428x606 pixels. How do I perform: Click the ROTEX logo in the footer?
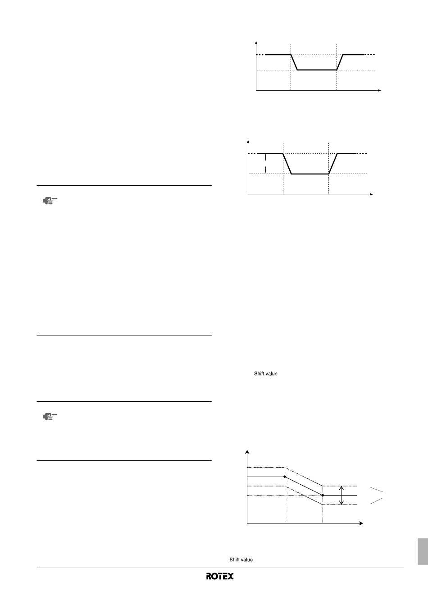click(x=220, y=576)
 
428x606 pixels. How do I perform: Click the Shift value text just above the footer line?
click(x=241, y=560)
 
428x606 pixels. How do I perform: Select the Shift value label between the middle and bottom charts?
click(x=265, y=374)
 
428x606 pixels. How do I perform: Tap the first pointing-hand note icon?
click(x=50, y=201)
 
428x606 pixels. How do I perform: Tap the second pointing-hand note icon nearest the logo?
click(x=50, y=417)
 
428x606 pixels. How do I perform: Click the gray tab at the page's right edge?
click(x=423, y=551)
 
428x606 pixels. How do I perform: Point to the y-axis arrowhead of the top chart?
click(x=256, y=42)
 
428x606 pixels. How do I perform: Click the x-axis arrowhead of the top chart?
click(x=380, y=90)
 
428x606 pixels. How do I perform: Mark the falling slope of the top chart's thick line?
click(x=294, y=62)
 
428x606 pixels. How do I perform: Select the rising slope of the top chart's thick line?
click(x=340, y=62)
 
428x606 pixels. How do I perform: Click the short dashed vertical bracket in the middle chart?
click(x=265, y=163)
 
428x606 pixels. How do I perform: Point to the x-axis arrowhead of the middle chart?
click(x=372, y=194)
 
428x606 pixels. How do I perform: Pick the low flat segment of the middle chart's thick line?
click(x=310, y=174)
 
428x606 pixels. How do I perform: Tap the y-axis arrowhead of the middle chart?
click(x=248, y=142)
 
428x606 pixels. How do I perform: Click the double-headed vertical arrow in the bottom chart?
click(x=341, y=496)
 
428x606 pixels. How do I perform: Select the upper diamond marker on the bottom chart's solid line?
click(x=285, y=477)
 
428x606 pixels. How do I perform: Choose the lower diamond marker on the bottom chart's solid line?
click(x=323, y=496)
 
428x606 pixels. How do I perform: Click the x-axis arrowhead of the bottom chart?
click(x=361, y=523)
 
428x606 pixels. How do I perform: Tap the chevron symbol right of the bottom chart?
click(x=377, y=496)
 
